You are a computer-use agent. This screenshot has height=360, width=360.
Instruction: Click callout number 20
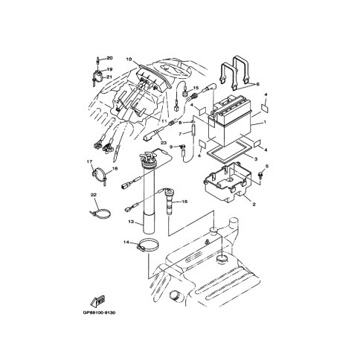pos(109,58)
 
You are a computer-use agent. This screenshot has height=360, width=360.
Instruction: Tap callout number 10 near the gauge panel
pos(129,59)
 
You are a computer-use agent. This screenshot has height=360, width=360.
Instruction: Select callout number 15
pos(196,88)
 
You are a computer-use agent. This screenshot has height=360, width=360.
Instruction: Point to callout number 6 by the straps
pos(257,84)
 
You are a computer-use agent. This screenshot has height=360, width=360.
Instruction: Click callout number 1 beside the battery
pos(265,122)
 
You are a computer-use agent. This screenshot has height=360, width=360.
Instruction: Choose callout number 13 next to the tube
pos(131,222)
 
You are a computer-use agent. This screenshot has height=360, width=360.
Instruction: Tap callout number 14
pos(126,242)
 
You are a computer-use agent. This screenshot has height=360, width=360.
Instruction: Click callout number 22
pos(93,195)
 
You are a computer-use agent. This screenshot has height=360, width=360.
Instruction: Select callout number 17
pos(89,161)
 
